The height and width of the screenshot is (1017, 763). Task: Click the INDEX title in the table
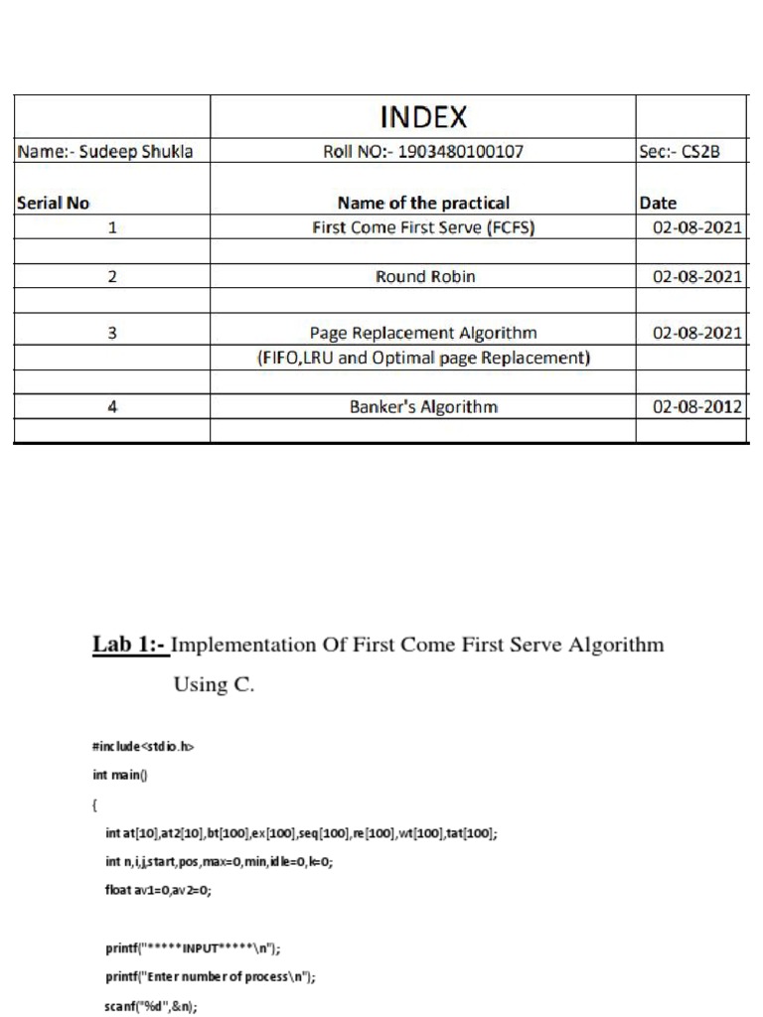coord(423,119)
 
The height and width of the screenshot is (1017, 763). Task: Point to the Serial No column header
coord(54,203)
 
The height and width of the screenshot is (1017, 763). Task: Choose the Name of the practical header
coord(423,203)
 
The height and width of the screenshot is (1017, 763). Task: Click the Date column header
coord(658,203)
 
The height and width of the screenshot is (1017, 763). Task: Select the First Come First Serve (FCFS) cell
coord(423,227)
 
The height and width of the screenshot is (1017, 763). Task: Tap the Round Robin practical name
coord(424,277)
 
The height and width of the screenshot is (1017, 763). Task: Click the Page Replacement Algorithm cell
coord(423,334)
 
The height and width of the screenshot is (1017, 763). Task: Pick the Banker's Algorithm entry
coord(423,406)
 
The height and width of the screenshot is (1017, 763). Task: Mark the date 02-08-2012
coord(696,406)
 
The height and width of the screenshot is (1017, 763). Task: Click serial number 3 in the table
coord(112,334)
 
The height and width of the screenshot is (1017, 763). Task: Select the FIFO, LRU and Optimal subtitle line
coord(423,358)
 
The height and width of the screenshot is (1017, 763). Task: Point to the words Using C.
coord(215,684)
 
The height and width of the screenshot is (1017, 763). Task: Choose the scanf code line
coord(151,1005)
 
